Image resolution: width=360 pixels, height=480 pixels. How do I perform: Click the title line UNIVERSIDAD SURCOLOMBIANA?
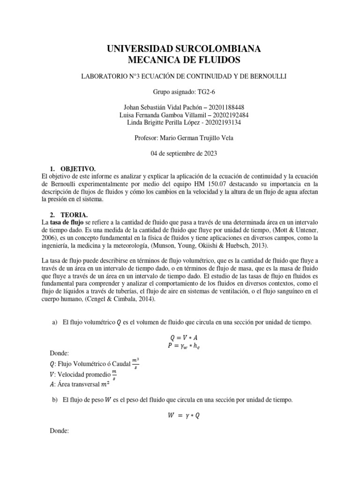point(180,49)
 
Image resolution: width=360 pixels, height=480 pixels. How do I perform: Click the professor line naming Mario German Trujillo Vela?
point(180,138)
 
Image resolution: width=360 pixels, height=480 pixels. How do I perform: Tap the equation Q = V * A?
point(180,337)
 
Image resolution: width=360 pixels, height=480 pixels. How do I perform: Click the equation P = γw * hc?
point(180,345)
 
